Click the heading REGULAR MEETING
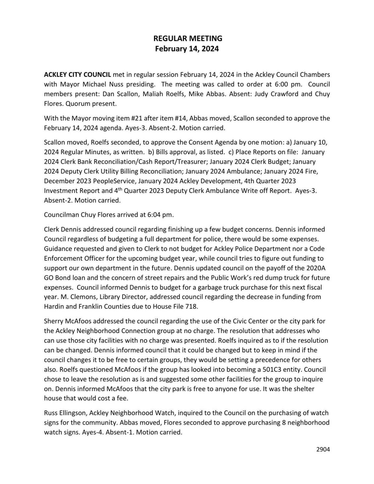coord(187,38)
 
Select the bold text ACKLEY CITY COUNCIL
coord(77,74)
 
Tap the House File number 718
coord(192,306)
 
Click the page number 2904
coord(323,449)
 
